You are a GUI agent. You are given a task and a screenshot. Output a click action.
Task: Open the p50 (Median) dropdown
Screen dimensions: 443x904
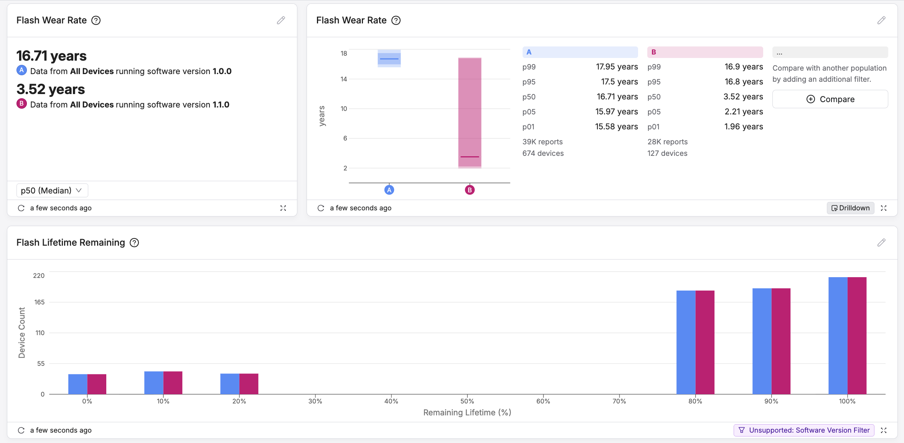[x=52, y=190]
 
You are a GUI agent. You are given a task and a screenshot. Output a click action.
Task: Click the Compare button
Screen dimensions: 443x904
[x=830, y=99]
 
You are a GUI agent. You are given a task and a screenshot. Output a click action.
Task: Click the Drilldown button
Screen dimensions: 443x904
[x=850, y=208]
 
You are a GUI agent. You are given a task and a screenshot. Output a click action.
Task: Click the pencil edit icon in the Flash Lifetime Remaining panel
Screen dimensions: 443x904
[x=881, y=243]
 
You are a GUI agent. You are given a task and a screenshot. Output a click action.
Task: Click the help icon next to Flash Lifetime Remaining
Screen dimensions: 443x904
[x=134, y=243]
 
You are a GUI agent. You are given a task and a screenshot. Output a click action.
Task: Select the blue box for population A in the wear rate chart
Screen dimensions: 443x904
[x=389, y=58]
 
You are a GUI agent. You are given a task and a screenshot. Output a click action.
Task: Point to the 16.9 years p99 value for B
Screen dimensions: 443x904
[x=743, y=67]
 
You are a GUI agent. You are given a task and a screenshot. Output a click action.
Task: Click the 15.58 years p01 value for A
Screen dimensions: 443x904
[x=616, y=127]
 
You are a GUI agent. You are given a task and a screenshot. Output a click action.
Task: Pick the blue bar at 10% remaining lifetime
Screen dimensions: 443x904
[x=154, y=382]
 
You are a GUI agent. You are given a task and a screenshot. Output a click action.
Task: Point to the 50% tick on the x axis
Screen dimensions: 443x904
[x=467, y=401]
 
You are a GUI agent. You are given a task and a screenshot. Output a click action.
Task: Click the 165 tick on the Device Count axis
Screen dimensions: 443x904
[x=39, y=302]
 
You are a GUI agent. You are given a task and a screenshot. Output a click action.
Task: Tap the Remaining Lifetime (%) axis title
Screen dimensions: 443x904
[x=467, y=412]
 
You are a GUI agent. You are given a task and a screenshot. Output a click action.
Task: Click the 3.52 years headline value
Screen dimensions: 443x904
[x=51, y=89]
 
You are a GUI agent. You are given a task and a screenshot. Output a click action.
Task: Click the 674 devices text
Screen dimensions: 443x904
[x=543, y=153]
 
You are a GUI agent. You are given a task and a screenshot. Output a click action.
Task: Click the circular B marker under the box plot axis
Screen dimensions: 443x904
[x=470, y=190]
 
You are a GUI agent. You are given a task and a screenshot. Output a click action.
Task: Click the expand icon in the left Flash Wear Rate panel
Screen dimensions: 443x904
[x=283, y=208]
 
